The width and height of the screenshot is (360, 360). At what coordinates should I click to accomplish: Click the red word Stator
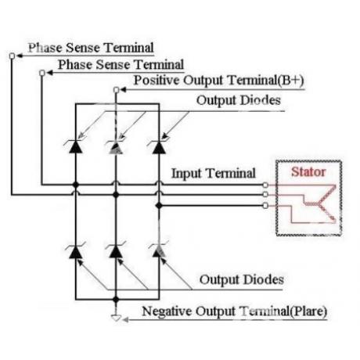click(x=308, y=172)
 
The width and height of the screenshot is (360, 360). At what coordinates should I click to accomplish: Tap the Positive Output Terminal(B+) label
click(x=219, y=80)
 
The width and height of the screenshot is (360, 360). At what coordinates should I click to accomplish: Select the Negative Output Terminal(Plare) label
click(x=235, y=311)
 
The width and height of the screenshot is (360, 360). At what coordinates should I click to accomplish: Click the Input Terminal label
click(x=214, y=173)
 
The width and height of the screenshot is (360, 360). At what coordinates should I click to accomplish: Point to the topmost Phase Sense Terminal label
click(x=91, y=48)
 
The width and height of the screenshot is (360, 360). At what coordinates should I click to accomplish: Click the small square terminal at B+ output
click(x=117, y=90)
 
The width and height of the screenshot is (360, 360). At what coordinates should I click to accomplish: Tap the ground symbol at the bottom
click(x=116, y=318)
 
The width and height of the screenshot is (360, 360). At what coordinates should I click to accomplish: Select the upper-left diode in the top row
click(x=75, y=146)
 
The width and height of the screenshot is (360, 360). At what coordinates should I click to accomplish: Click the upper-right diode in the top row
click(x=159, y=146)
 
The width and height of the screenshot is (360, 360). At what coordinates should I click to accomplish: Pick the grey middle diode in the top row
click(x=117, y=146)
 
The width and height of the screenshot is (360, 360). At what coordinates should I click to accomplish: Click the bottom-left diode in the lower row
click(x=75, y=250)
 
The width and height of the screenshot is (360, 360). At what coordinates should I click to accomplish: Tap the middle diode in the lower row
click(x=116, y=250)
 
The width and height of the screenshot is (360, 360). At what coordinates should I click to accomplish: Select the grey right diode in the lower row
click(x=159, y=250)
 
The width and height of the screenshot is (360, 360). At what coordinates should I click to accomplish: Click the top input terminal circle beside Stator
click(x=265, y=185)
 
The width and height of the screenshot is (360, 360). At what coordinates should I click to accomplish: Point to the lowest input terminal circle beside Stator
click(x=265, y=206)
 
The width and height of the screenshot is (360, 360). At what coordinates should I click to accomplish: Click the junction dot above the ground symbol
click(x=116, y=300)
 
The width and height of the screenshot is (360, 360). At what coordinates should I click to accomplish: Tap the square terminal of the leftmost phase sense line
click(x=12, y=56)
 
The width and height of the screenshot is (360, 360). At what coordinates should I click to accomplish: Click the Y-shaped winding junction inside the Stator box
click(x=319, y=203)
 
